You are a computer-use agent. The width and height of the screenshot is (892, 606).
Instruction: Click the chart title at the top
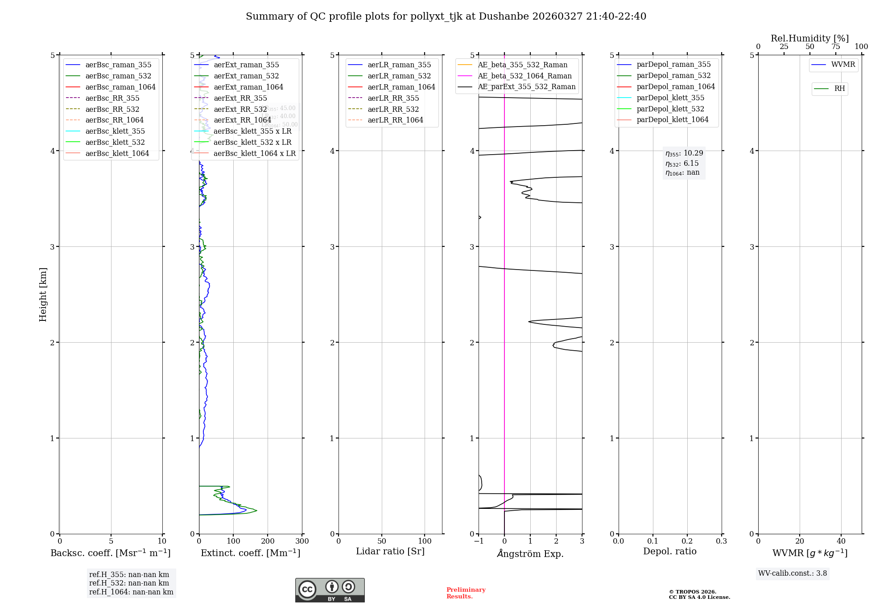[446, 16]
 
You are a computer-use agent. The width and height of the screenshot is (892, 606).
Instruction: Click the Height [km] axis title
[43, 295]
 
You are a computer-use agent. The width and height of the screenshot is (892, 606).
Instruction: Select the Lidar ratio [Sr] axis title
[390, 552]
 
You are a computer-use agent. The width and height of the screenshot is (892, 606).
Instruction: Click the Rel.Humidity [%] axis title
[809, 38]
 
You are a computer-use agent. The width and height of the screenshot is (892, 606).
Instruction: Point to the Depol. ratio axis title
[669, 552]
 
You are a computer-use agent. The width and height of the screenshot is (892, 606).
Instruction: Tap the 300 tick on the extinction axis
[302, 541]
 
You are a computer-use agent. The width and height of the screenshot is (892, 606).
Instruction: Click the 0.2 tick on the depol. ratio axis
[687, 541]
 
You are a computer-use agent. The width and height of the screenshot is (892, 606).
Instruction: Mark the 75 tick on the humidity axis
[835, 47]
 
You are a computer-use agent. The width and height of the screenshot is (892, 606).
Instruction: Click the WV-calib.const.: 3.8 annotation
[793, 573]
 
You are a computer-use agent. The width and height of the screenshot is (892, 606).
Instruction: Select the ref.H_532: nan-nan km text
[129, 583]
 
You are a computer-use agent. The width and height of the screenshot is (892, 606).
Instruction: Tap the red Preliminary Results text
[466, 593]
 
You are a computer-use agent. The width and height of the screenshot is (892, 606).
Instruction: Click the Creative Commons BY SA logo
[330, 590]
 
